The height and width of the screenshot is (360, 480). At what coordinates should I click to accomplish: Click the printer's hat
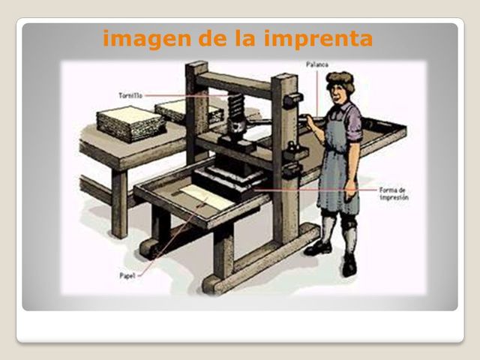pyautogui.click(x=340, y=78)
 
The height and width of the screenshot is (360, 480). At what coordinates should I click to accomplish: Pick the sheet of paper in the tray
pyautogui.click(x=199, y=196)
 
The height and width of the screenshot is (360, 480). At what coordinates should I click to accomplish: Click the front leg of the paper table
pyautogui.click(x=119, y=202)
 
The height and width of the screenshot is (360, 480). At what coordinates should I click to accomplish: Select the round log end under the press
pyautogui.click(x=147, y=248)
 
